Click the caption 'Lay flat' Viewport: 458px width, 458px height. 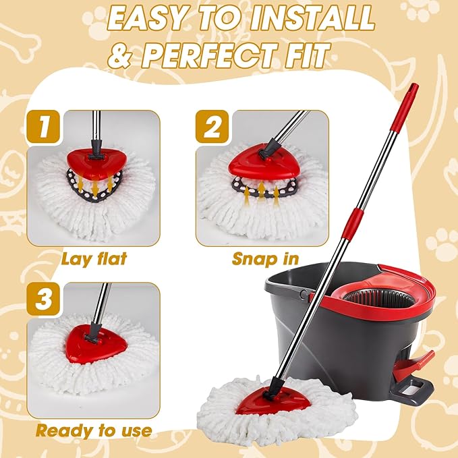94,258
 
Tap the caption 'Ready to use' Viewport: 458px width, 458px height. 94,430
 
